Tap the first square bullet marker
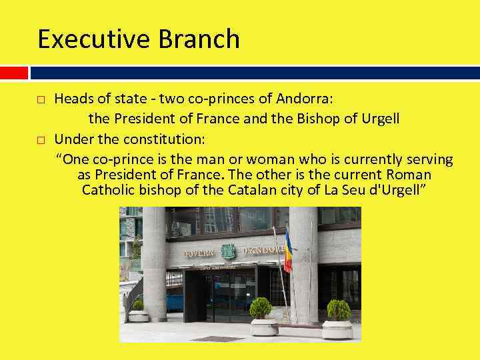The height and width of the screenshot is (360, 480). point(41,100)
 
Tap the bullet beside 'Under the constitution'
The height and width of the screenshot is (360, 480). point(41,140)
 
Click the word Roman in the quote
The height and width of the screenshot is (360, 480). point(408,175)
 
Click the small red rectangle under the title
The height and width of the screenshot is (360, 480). point(14,72)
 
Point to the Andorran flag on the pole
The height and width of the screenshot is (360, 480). point(288,250)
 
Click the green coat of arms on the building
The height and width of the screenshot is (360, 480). point(229,251)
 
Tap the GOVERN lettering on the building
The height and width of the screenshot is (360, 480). point(199,253)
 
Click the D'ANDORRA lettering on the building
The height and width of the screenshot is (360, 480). point(263,251)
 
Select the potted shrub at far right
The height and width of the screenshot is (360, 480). point(339,310)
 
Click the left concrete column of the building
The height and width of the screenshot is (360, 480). point(154,263)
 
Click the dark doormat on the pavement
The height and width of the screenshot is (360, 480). point(218,338)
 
